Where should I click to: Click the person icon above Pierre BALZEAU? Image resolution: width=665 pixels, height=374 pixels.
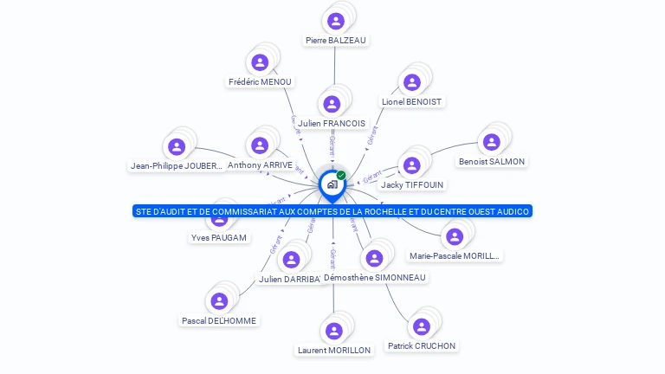point(336,21)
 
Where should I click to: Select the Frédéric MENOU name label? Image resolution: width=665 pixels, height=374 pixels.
point(261,81)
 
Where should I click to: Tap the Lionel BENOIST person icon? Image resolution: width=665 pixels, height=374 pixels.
point(412,82)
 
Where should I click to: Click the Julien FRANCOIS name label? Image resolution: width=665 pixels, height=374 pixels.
point(332,123)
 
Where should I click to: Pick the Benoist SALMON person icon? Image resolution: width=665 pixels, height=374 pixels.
point(492,142)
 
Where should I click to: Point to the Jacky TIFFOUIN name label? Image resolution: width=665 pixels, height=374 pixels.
point(412,184)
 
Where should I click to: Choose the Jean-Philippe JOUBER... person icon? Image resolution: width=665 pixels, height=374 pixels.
point(177,146)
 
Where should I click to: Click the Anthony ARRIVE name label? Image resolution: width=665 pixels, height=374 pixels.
point(260,164)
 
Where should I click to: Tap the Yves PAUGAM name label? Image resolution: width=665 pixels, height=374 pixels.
point(218,237)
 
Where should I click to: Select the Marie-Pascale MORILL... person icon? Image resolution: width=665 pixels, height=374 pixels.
point(455,236)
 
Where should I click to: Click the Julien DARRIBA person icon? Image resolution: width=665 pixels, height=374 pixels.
point(291,259)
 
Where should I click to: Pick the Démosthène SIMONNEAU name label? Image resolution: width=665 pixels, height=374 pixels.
point(374,277)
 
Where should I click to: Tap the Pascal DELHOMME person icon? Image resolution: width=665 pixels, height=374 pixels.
point(219,301)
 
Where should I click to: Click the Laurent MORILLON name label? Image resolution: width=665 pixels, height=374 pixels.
point(333,350)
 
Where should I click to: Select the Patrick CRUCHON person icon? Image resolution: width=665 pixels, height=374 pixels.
point(422,326)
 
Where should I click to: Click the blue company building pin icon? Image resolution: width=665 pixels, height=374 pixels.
point(332,184)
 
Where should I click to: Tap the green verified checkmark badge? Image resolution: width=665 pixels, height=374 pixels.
point(341,176)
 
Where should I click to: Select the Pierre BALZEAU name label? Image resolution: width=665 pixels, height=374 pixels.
point(336,40)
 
